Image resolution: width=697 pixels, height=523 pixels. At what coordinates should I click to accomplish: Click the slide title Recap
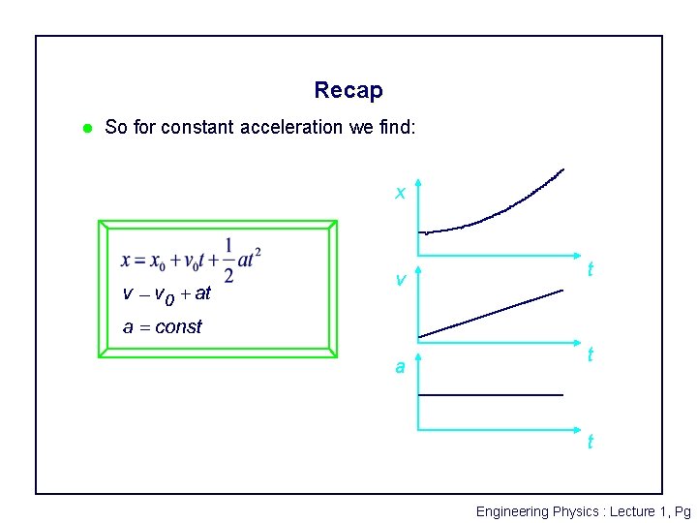[348, 91]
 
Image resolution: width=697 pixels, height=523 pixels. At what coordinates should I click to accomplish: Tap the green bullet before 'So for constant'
[86, 128]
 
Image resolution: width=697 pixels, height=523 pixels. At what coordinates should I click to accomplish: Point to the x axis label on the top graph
[399, 193]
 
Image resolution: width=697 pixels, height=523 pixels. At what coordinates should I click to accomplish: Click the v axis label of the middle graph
[399, 280]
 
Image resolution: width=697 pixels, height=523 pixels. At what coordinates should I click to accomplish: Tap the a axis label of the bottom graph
[399, 367]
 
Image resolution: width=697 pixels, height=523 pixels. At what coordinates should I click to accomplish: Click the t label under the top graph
[591, 270]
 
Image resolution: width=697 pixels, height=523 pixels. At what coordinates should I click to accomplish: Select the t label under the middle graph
[591, 356]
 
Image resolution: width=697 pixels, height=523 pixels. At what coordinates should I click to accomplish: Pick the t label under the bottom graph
[591, 443]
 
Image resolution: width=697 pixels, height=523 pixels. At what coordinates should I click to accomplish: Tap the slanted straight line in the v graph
[491, 313]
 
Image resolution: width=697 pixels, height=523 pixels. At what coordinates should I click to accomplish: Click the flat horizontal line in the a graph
[490, 395]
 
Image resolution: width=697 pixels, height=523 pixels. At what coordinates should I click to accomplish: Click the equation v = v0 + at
[167, 292]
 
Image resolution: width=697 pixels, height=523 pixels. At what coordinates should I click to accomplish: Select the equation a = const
[162, 326]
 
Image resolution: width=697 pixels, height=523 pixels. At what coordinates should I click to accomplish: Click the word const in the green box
[178, 326]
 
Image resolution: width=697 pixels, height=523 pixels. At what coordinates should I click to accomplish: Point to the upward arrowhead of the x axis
[418, 182]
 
